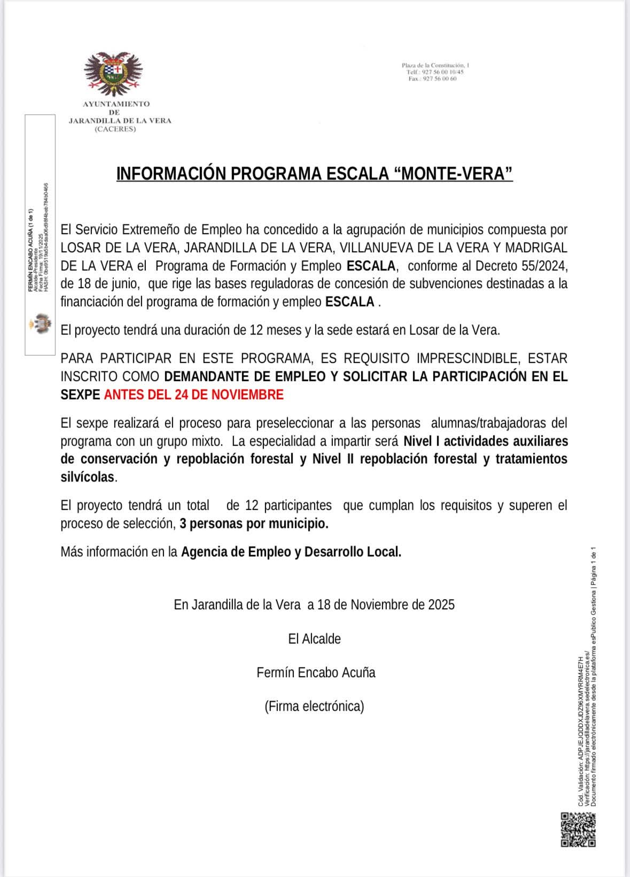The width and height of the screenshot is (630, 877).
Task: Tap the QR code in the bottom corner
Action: pos(578,829)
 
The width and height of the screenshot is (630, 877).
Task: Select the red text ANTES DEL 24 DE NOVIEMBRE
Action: pos(193,395)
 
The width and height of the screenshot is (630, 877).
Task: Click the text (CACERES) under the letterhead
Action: pos(115,129)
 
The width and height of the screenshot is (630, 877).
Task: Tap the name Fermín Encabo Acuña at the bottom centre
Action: pos(316,672)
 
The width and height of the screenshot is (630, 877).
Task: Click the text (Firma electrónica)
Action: pos(314,707)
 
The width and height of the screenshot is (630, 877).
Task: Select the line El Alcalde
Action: pos(314,639)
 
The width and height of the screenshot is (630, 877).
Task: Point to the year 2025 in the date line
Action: pos(441,604)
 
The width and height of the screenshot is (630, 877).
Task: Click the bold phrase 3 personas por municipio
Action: pos(254,524)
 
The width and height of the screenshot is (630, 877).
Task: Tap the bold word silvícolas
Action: pos(88,477)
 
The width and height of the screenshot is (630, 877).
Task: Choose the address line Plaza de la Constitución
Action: pos(435,65)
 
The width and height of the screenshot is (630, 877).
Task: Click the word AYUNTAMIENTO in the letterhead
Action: pos(116,104)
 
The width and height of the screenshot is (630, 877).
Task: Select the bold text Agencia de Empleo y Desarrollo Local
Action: pos(291,552)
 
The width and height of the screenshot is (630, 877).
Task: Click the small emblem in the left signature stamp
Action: pos(40,324)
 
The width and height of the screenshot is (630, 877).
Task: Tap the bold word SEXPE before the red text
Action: pos(80,395)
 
